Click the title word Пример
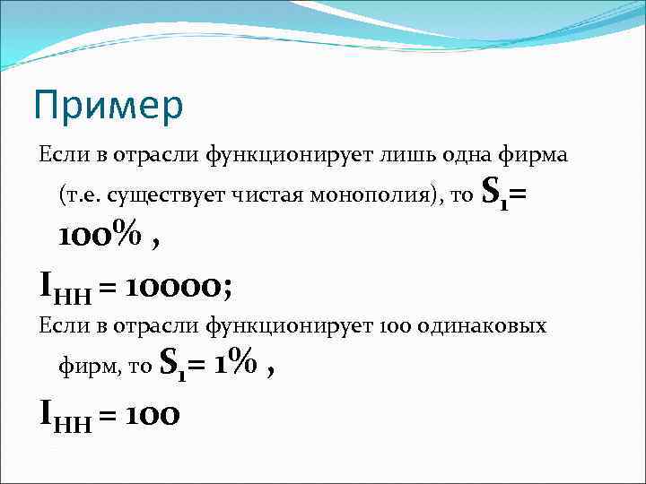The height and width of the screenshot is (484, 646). click(x=108, y=105)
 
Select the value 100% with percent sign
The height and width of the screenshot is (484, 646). click(x=100, y=237)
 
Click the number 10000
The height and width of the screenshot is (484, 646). click(x=179, y=287)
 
